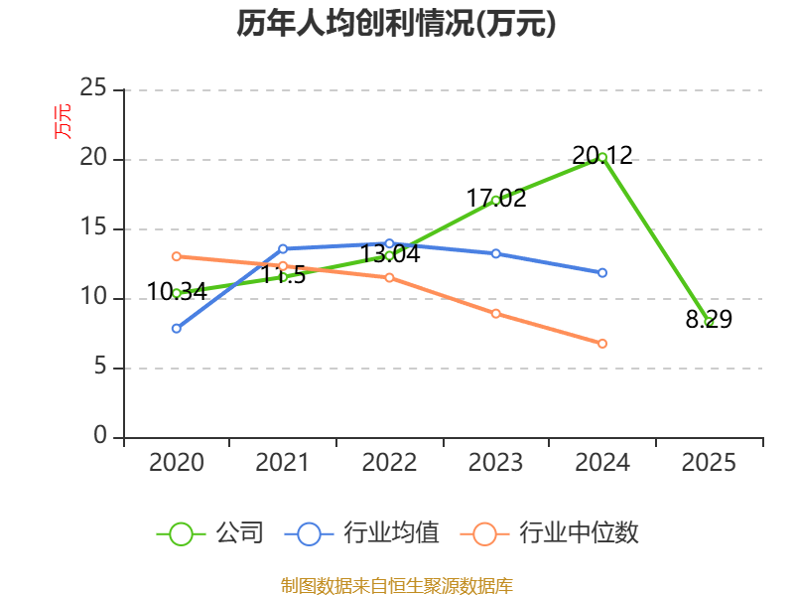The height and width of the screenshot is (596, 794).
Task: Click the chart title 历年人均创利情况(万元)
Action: pos(396,23)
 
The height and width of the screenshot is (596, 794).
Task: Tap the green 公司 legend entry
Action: pos(210,533)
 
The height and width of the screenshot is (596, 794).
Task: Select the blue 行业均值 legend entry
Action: pos(362,533)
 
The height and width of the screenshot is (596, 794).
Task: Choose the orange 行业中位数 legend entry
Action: pos(550,533)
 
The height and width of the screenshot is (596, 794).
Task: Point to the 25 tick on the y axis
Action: pos(93,87)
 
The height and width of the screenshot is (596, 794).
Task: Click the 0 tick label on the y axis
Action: pos(100,435)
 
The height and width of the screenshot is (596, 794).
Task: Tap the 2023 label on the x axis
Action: pos(495,463)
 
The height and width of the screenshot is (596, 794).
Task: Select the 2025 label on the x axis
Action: pos(709,463)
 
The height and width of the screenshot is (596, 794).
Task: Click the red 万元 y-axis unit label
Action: pos(63,122)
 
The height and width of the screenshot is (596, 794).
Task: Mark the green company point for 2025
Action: pos(709,321)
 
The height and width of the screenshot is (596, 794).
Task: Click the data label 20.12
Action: pos(602,155)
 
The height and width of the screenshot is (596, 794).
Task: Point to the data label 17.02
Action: pos(495,198)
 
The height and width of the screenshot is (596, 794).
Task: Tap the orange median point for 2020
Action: pos(177,256)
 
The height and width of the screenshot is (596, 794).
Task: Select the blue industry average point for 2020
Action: pos(177,329)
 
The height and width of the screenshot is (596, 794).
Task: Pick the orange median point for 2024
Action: pos(602,344)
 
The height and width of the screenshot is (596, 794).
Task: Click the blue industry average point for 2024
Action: pos(602,272)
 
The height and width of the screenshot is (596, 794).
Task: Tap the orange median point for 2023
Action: pos(495,314)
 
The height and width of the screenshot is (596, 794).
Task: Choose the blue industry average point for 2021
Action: pos(283,249)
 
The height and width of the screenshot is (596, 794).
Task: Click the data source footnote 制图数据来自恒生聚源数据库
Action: pos(396,586)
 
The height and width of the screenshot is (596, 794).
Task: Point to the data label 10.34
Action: pos(177,292)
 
